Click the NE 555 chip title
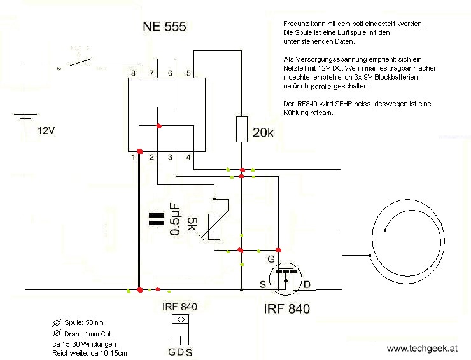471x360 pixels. [164, 27]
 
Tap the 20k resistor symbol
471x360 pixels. [242, 129]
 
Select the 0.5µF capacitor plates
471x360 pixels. [157, 219]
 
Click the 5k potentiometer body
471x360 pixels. [214, 226]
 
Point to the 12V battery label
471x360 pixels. [46, 131]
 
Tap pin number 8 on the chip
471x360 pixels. [133, 73]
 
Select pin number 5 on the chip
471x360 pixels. [188, 73]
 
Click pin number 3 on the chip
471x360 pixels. [170, 157]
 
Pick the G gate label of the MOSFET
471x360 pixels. [271, 259]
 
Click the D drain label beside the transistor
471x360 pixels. [307, 284]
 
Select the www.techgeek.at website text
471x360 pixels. [423, 349]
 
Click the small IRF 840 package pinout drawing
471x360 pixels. [180, 329]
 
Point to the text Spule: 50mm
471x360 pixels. [84, 322]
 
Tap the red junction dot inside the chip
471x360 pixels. [159, 126]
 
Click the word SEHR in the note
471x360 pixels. [344, 104]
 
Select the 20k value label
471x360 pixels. [263, 133]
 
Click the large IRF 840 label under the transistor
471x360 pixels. [287, 309]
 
